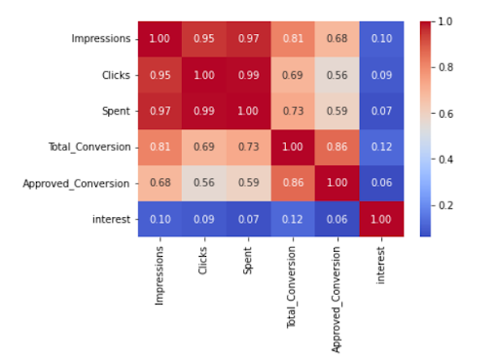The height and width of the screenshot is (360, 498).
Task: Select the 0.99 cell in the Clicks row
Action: pos(246,74)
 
